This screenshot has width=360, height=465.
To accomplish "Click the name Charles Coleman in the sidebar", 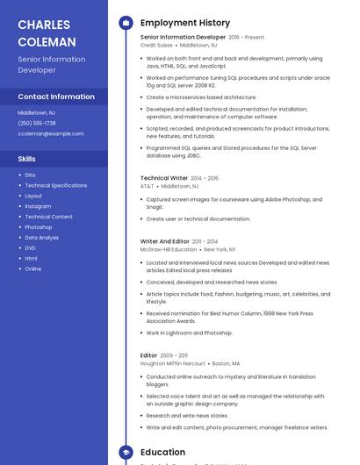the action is coord(45,32).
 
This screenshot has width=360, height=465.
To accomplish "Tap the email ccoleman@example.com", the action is coord(51,133).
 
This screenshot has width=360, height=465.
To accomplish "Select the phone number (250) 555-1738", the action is coord(37,123).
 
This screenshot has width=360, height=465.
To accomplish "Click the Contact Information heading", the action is coord(56,97).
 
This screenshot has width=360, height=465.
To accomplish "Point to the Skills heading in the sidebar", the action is coord(27,159).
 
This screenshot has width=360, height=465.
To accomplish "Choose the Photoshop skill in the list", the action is coord(39,227).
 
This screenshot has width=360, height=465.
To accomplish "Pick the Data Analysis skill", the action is coord(42,238).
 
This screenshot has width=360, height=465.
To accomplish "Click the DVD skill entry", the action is coord(31,248).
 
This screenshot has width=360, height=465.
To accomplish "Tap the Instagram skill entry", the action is coord(38,206).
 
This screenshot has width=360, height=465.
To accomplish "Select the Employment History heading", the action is coord(185,23).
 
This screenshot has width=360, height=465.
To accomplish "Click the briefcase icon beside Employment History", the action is coord(126,23).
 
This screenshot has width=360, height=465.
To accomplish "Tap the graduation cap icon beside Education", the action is coord(126,453).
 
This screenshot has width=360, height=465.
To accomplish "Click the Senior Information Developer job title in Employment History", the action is coord(183,38).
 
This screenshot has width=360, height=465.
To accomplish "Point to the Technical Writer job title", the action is coord(164,178).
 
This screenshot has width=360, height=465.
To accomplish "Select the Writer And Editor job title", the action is coord(165,241).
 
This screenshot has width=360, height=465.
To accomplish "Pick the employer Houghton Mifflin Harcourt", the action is coord(173,363).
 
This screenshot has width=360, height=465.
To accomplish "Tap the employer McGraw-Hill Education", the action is coord(169,249).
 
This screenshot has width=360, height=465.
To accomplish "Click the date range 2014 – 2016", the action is coord(205,178).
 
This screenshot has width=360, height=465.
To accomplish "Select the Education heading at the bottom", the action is coord(163,453).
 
